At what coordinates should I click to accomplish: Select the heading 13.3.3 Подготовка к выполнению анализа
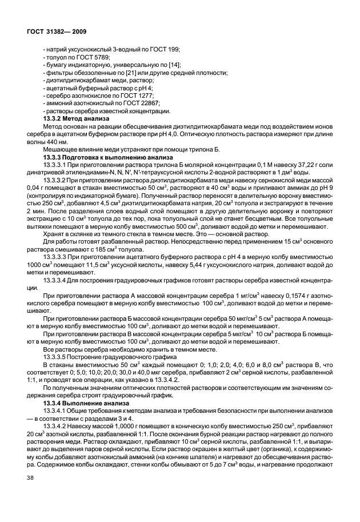coord(103,156)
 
